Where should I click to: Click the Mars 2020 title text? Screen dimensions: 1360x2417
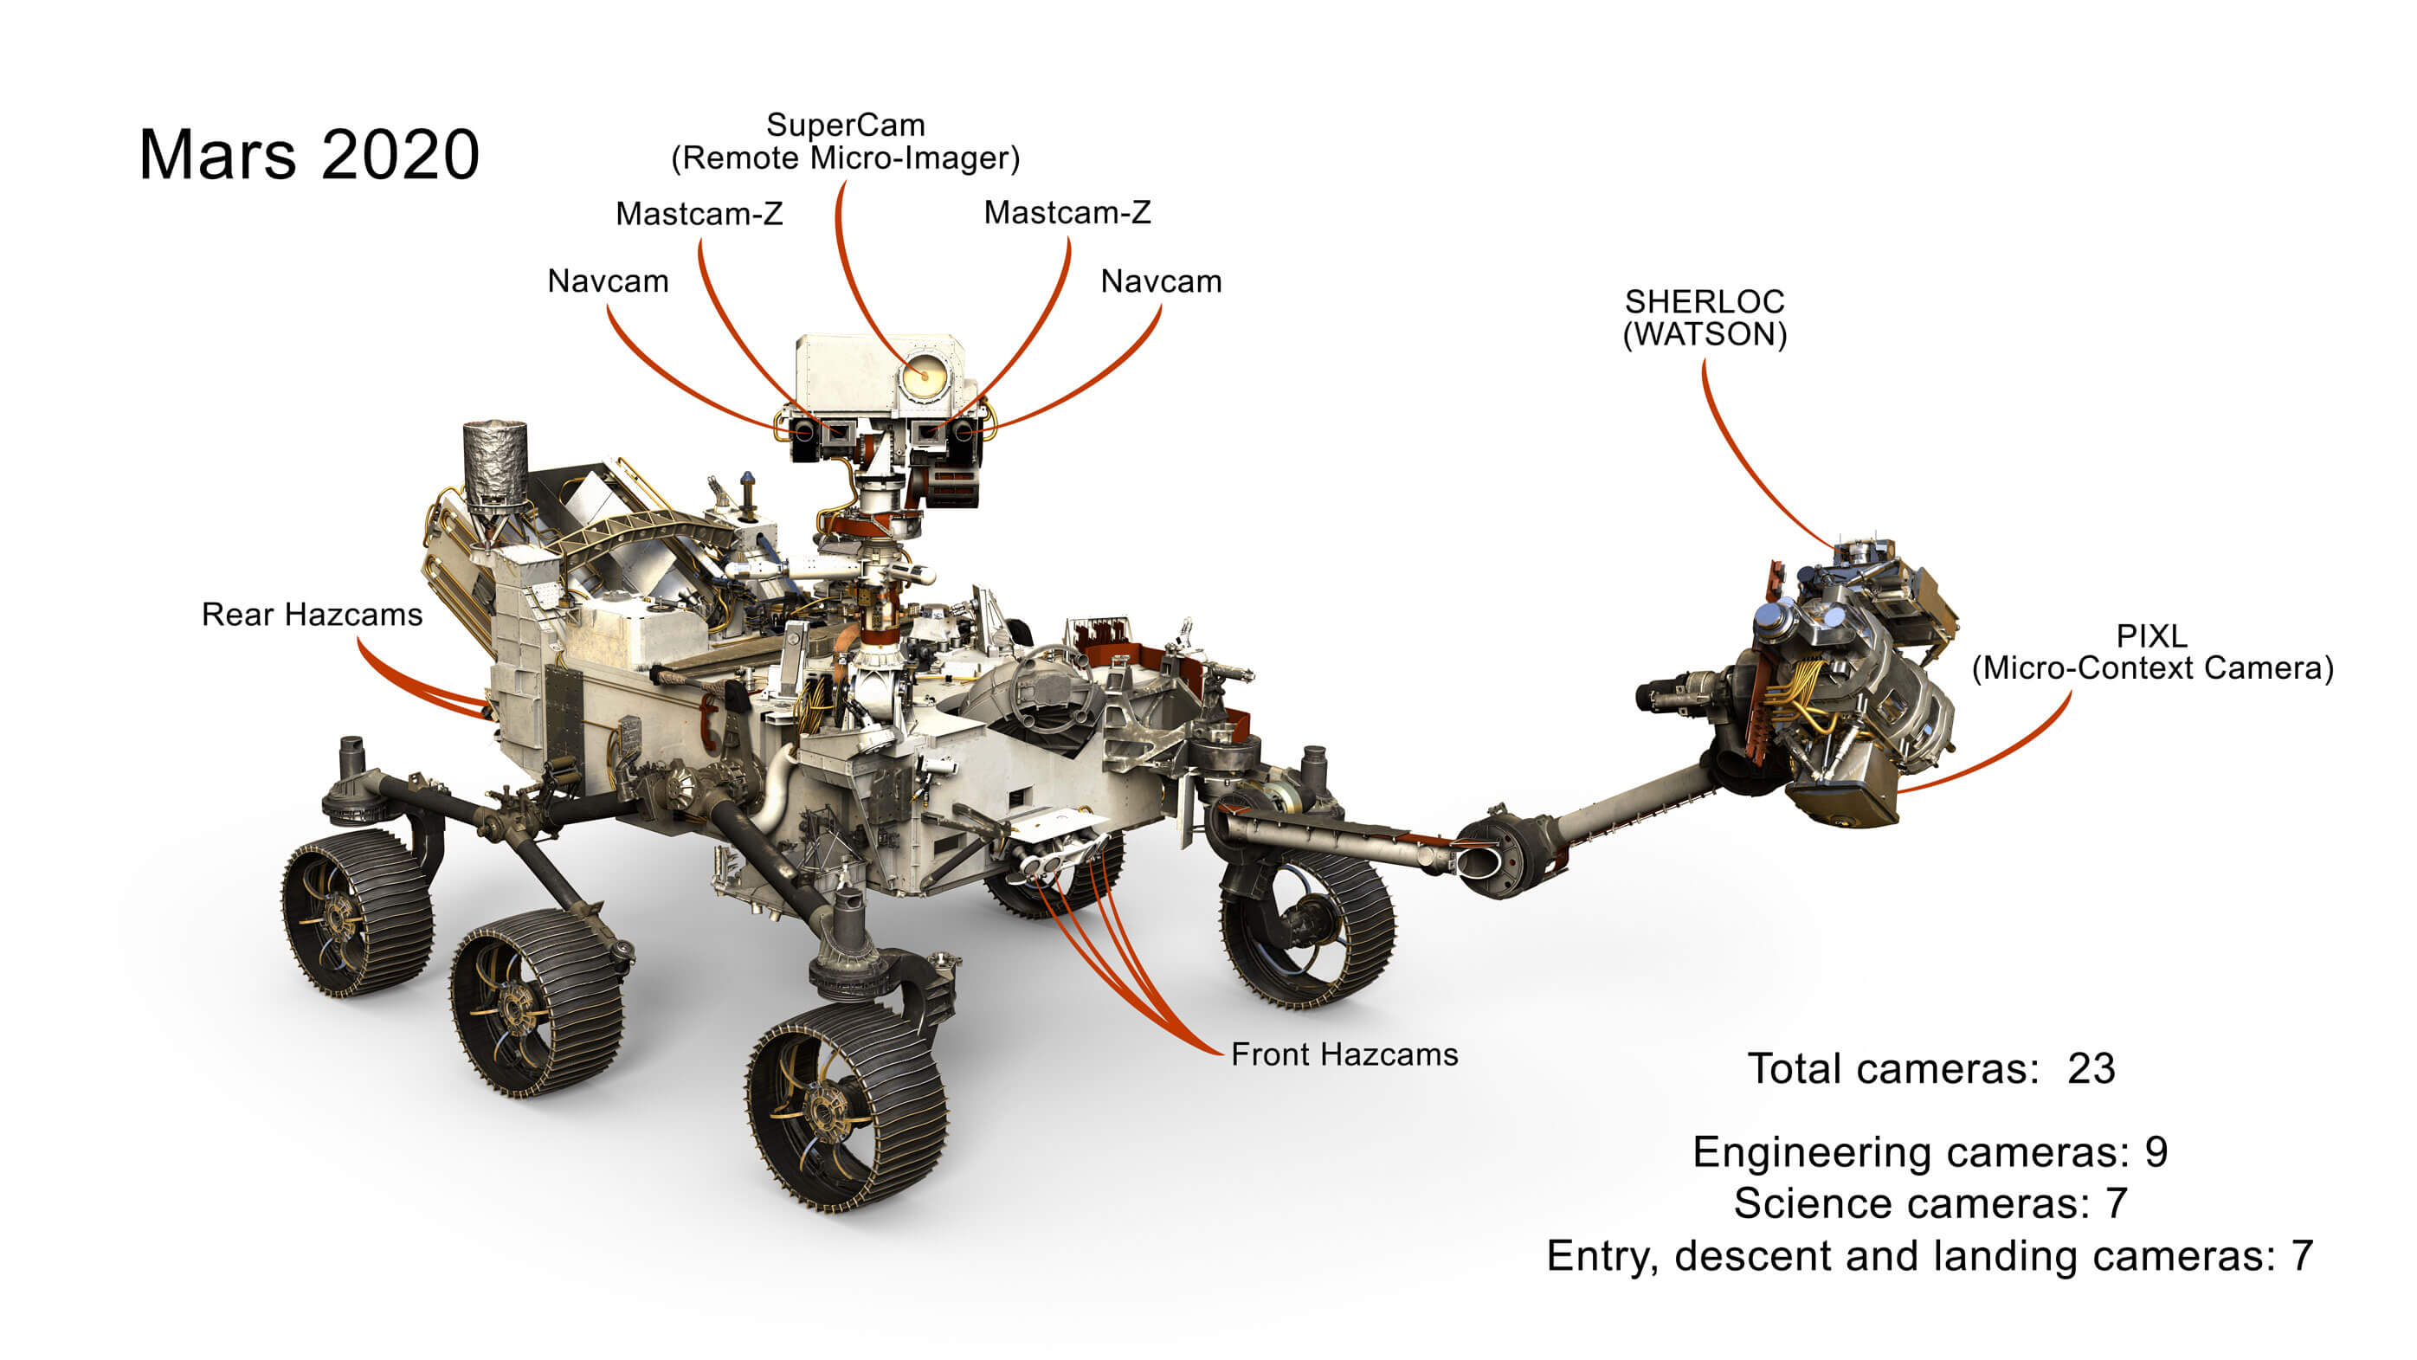point(309,155)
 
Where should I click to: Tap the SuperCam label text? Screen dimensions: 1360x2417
point(846,141)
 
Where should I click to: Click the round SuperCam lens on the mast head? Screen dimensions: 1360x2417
point(924,377)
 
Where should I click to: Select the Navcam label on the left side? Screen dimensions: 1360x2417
point(607,281)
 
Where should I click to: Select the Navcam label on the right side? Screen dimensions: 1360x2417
point(1161,281)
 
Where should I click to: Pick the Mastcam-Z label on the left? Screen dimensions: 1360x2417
point(699,214)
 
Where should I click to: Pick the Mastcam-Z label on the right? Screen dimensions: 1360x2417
point(1067,213)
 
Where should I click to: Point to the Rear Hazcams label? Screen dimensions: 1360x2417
point(312,615)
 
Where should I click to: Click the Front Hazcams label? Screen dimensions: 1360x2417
point(1344,1055)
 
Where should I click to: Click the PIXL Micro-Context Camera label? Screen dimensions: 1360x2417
point(2151,653)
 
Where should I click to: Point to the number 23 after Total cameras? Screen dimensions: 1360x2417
point(2091,1069)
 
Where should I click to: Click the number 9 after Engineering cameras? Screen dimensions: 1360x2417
point(2156,1152)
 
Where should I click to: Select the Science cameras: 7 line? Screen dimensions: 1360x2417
point(1929,1204)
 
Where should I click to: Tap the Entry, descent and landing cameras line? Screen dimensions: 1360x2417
point(1929,1256)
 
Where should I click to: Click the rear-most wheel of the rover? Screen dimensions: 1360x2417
point(357,911)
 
